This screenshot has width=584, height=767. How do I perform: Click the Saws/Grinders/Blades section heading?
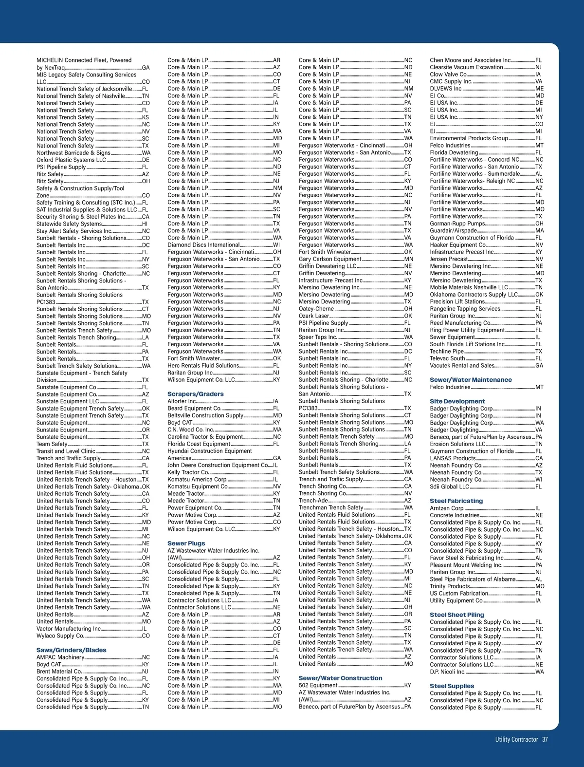(x=71, y=650)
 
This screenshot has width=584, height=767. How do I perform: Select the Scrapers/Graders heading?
(x=196, y=394)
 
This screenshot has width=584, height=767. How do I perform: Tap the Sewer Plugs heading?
(x=186, y=543)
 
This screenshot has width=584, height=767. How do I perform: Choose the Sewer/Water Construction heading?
(x=340, y=678)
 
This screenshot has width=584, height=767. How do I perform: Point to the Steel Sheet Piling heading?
(x=457, y=615)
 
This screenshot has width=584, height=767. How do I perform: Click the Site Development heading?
(x=451, y=401)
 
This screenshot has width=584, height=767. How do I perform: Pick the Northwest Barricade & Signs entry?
(x=73, y=153)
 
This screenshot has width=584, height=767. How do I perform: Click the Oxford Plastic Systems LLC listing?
(x=71, y=160)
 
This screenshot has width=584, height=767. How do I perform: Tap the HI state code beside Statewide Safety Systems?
(x=145, y=224)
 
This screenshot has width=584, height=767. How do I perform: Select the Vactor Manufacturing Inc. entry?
(x=69, y=629)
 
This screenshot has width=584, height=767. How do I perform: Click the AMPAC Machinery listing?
(x=60, y=657)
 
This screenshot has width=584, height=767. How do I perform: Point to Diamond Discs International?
(x=203, y=245)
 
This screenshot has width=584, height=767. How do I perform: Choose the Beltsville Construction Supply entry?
(x=205, y=415)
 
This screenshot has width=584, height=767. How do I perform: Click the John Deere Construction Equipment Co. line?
(x=218, y=465)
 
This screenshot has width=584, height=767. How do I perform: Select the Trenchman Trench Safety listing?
(x=331, y=507)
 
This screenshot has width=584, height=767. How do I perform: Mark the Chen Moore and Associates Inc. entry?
(x=470, y=60)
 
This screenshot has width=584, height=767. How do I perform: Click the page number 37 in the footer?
(x=545, y=739)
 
